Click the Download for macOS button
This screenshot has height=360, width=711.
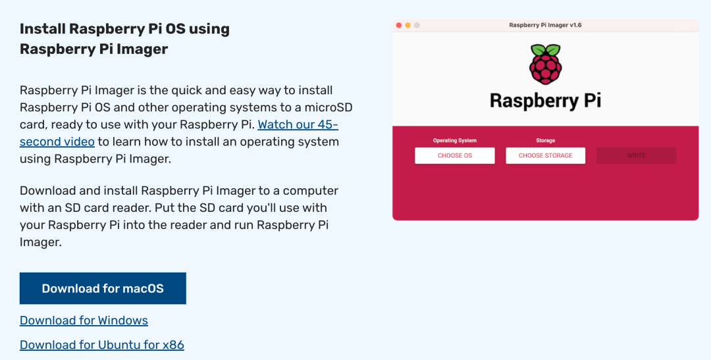coord(103,288)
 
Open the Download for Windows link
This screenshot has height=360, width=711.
coord(84,320)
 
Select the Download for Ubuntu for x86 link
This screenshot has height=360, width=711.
coord(102,345)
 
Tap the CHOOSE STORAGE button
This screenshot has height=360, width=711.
coord(546,155)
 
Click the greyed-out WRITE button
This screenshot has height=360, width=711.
coord(636,155)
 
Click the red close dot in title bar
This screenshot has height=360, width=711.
coord(399,26)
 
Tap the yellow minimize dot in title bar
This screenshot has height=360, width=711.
coord(408,26)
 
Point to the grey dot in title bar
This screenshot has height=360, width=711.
coord(417,26)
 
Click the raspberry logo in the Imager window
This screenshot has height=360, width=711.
coord(546,64)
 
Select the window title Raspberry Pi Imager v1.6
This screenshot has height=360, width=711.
coord(546,26)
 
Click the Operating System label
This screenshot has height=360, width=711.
coord(455,141)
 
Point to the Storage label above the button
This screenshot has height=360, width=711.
coord(546,141)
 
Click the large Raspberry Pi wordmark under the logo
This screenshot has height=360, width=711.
coord(546,101)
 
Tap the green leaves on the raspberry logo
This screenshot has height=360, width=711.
coord(546,49)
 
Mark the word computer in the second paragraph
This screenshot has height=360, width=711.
coord(311,191)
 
